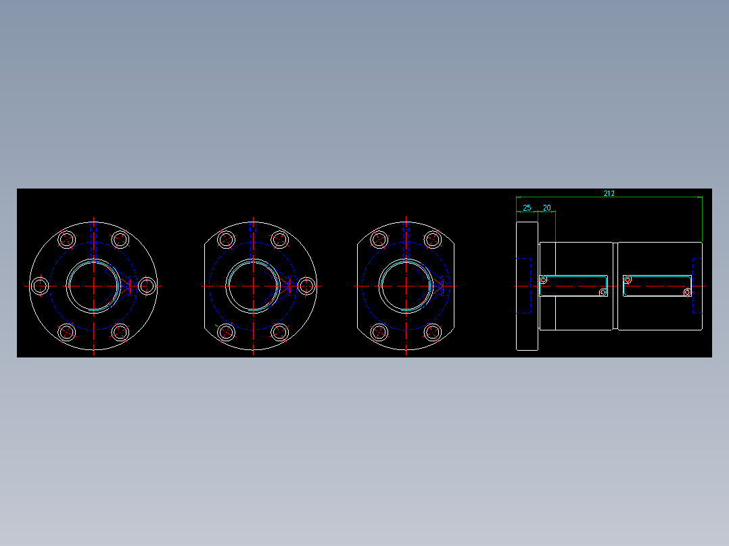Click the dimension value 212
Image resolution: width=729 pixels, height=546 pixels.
[x=609, y=193]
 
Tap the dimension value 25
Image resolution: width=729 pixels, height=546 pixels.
[x=527, y=207]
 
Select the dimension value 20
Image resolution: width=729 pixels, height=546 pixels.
[x=546, y=207]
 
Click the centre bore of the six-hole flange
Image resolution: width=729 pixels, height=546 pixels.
[x=93, y=286]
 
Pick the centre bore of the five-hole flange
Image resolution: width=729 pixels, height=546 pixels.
[x=252, y=286]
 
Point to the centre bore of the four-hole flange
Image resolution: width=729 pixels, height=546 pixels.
[x=406, y=286]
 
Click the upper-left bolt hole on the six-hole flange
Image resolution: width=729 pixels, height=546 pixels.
[x=67, y=239]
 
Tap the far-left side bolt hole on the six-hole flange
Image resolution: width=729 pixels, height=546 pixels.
[x=41, y=286]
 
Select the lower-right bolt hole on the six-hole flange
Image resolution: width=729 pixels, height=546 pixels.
[x=120, y=332]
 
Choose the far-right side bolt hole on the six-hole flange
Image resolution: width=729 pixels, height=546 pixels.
[x=146, y=286]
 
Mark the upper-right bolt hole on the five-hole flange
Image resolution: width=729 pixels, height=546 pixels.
[x=279, y=239]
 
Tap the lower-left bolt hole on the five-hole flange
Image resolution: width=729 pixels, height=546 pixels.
[x=227, y=332]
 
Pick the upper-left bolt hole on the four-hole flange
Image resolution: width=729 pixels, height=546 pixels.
[x=380, y=239]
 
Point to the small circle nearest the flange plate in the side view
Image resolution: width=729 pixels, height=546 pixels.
[x=542, y=280]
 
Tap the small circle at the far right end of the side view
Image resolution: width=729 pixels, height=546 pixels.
[x=688, y=293]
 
